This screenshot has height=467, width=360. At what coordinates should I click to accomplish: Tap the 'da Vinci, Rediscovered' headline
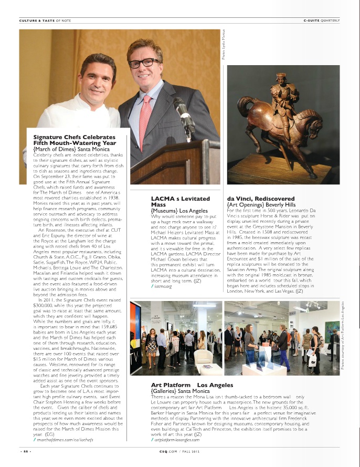click(255, 199)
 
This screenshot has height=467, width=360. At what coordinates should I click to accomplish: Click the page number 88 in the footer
click(24, 451)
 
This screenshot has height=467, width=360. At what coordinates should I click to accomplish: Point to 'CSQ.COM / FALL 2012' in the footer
click(180, 451)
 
